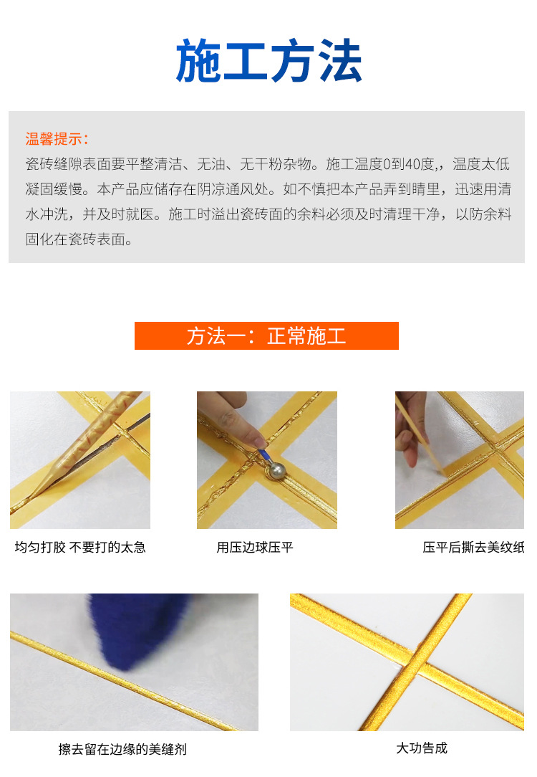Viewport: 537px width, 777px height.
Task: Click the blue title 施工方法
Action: (x=268, y=60)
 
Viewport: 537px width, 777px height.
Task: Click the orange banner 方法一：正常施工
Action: (x=266, y=336)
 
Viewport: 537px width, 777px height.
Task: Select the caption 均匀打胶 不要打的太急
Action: (x=80, y=547)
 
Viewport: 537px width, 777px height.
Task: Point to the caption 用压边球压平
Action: (x=255, y=547)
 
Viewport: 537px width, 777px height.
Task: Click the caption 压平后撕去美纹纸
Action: (x=473, y=547)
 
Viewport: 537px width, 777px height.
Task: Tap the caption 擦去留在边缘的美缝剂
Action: (x=122, y=749)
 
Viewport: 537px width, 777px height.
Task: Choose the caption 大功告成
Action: (x=422, y=748)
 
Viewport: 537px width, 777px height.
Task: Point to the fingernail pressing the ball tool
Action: (x=259, y=442)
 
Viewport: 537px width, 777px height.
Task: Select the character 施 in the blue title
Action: (x=198, y=60)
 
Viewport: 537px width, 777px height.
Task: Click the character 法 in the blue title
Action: (x=341, y=60)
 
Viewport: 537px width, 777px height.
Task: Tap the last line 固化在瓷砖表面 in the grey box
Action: (x=79, y=240)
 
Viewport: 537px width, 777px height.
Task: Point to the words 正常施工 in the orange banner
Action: (x=306, y=336)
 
